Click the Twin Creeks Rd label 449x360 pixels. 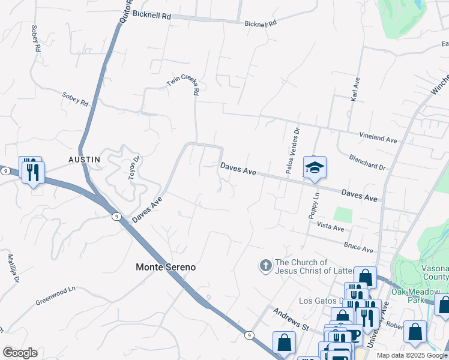(x=184, y=86)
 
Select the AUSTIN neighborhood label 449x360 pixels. (x=84, y=159)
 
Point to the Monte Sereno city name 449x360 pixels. (x=166, y=267)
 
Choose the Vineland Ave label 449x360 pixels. (x=378, y=138)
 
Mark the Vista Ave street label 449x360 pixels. (x=330, y=227)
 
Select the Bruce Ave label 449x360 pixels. (x=358, y=247)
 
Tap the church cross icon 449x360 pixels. (x=265, y=265)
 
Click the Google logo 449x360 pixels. (x=20, y=353)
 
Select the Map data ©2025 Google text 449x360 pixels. (x=412, y=355)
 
